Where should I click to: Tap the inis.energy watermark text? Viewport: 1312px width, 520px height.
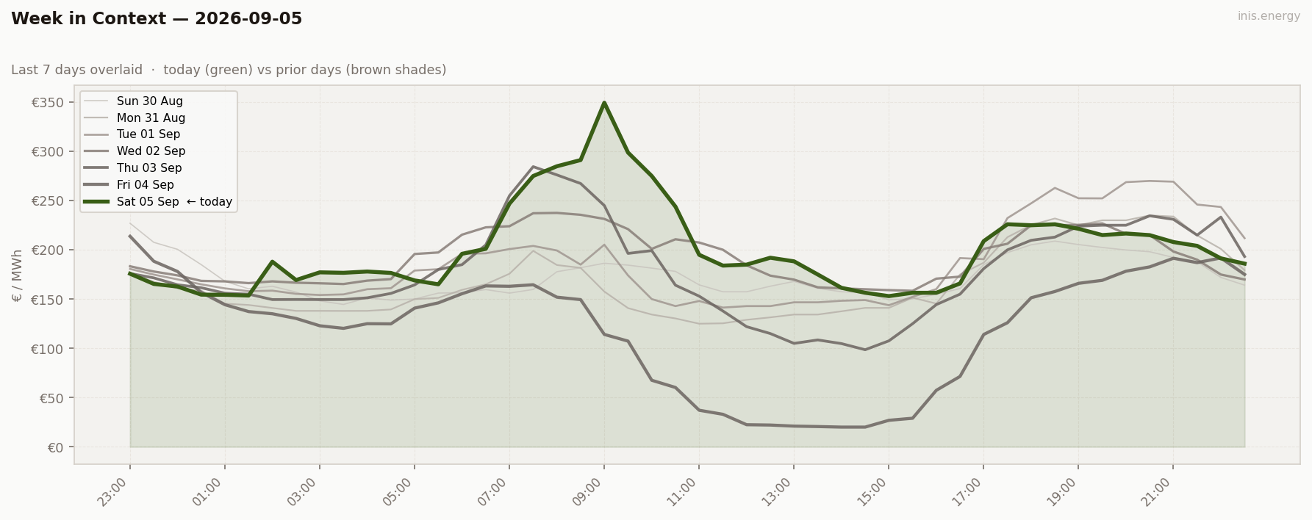pos(1269,16)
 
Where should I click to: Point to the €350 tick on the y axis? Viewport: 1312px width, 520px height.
pos(52,102)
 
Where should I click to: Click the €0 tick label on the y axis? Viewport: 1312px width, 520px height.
pos(57,447)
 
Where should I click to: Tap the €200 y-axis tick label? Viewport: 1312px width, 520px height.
pos(52,250)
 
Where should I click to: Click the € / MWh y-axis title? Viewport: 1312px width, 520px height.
pos(18,275)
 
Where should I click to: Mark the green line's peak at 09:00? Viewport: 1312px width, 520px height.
pos(604,103)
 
